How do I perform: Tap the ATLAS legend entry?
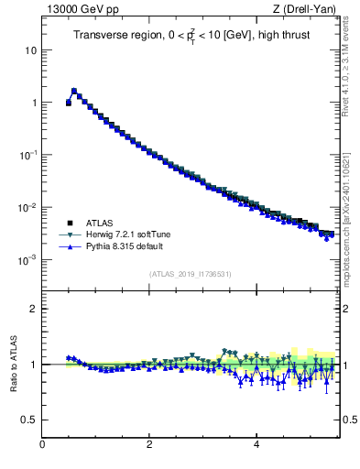(x=100, y=223)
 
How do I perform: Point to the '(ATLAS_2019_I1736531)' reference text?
(x=190, y=274)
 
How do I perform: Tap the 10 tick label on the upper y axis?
(x=30, y=49)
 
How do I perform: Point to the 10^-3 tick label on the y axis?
(x=27, y=260)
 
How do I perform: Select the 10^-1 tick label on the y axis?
(x=27, y=155)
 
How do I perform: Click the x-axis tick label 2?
(x=149, y=446)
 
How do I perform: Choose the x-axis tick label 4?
(x=256, y=446)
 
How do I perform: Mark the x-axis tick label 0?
(x=42, y=446)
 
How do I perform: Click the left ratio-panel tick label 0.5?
(x=29, y=420)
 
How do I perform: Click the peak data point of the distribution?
(x=74, y=91)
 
